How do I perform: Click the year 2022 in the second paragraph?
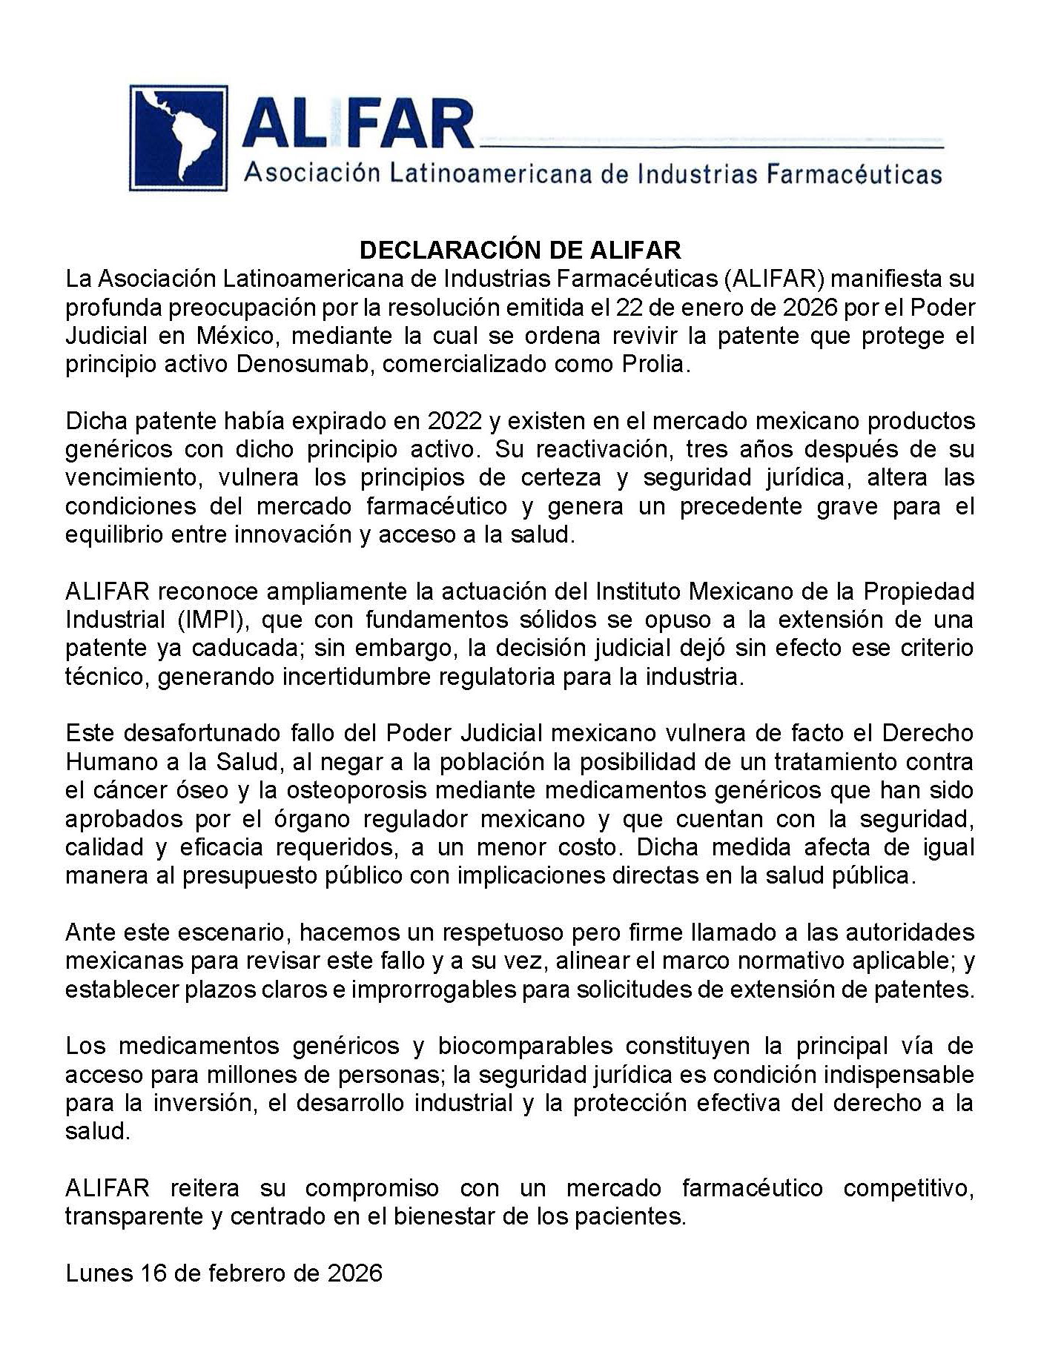pyautogui.click(x=455, y=421)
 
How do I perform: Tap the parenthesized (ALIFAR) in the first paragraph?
pyautogui.click(x=775, y=279)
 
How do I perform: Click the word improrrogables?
pyautogui.click(x=434, y=990)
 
